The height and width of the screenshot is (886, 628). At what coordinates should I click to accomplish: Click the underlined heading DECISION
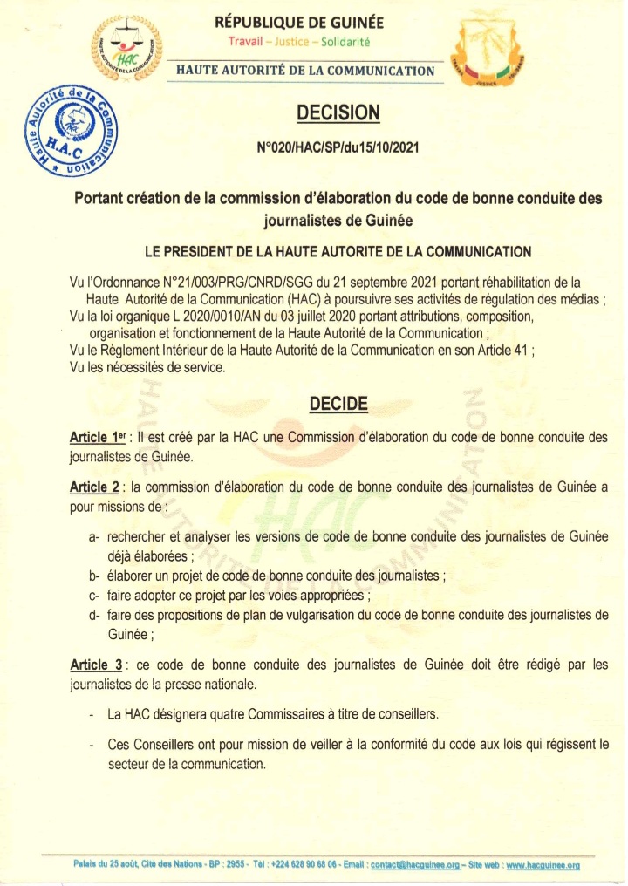(x=338, y=112)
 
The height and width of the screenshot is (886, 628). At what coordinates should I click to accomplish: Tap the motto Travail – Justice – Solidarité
(x=311, y=41)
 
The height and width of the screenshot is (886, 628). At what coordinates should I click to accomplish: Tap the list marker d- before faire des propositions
(x=93, y=615)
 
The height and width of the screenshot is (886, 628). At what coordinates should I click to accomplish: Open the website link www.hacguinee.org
(x=543, y=866)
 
